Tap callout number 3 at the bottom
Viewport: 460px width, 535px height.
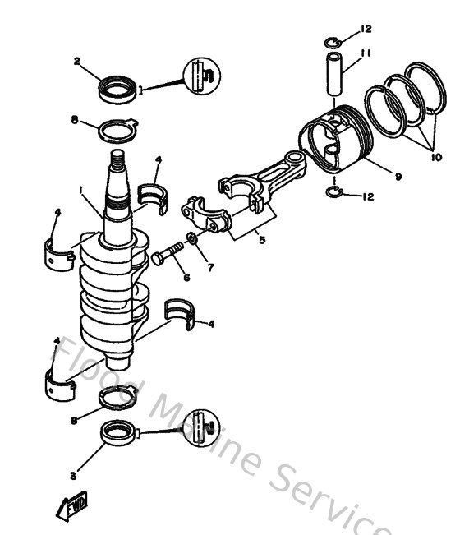click(73, 475)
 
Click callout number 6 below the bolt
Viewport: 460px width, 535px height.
click(186, 278)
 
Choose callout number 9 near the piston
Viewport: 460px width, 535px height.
click(398, 175)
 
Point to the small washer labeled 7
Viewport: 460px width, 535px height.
click(191, 238)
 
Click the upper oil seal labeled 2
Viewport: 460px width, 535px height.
click(117, 89)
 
